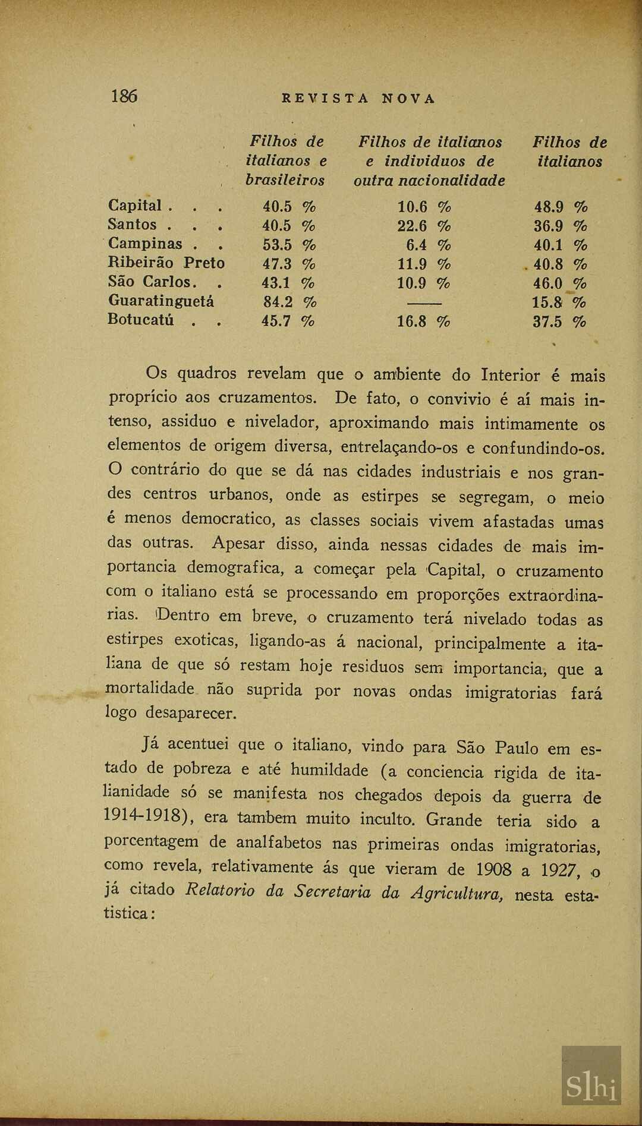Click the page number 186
(124, 96)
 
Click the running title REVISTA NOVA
(358, 99)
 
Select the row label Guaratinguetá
(160, 301)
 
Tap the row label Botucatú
(141, 320)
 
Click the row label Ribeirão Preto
(166, 263)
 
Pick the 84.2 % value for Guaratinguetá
(289, 302)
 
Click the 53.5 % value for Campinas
(289, 245)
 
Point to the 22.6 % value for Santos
(424, 226)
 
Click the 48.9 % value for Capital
(561, 207)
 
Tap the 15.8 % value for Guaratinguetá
(559, 302)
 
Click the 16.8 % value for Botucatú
(423, 321)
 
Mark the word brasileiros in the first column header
(285, 180)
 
